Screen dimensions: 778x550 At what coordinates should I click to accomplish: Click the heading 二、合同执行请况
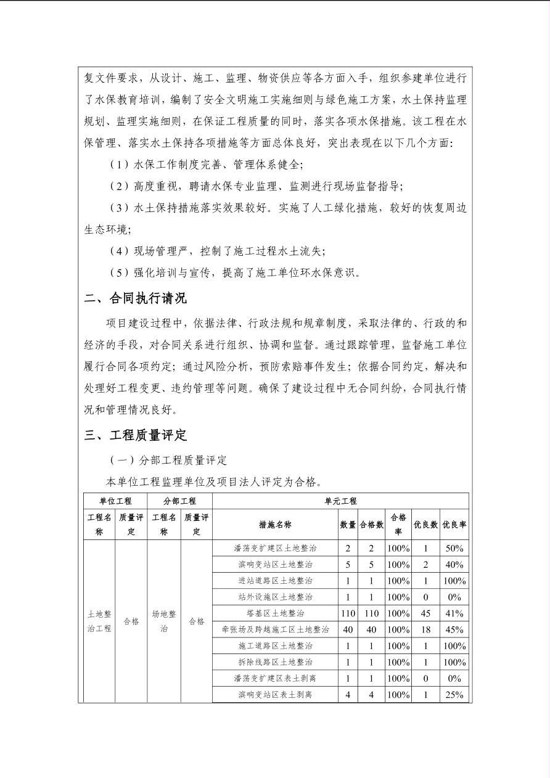click(136, 299)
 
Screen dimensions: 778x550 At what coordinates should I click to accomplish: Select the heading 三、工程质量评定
click(136, 435)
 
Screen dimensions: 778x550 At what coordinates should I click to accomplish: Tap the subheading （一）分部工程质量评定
click(168, 461)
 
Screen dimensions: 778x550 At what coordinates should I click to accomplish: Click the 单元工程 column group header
click(340, 501)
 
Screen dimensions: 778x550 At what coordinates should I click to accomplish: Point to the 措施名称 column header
click(275, 525)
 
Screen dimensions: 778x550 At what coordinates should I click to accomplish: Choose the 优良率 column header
click(454, 525)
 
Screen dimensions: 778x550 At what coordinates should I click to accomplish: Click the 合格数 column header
click(371, 525)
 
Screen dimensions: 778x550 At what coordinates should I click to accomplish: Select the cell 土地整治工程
click(99, 621)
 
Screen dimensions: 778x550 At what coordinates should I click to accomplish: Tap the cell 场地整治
click(164, 621)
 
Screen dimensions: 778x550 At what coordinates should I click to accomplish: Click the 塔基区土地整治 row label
click(275, 613)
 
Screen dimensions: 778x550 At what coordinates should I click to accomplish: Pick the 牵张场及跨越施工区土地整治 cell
click(275, 629)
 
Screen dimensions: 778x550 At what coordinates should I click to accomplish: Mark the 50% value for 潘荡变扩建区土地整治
click(454, 548)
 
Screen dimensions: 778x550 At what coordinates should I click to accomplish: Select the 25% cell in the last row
click(454, 695)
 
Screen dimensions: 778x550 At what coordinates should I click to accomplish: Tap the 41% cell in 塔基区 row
click(454, 613)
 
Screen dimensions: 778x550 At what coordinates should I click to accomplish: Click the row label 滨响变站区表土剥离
click(275, 695)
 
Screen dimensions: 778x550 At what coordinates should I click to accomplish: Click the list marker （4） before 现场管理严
click(119, 251)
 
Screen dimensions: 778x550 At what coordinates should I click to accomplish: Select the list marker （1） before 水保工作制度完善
click(119, 165)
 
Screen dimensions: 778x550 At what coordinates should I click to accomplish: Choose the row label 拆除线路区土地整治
click(275, 662)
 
